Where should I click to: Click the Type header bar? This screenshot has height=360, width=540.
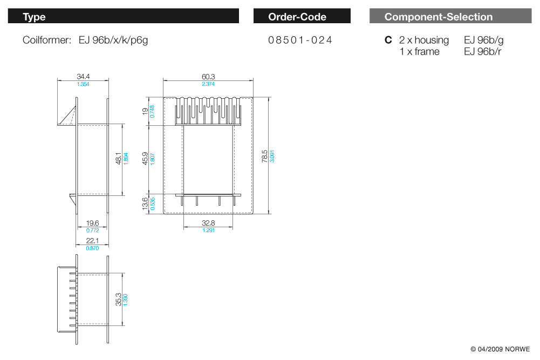(x=123, y=17)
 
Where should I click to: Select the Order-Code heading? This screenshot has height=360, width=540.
(x=302, y=17)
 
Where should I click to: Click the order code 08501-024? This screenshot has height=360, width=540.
(x=300, y=40)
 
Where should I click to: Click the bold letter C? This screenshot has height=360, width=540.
(x=388, y=40)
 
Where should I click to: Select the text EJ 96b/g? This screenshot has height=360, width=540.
(x=483, y=40)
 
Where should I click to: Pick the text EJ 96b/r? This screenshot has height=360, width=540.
(x=482, y=52)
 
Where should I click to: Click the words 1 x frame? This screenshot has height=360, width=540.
(x=420, y=52)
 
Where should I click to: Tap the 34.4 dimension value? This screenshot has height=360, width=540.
(x=83, y=77)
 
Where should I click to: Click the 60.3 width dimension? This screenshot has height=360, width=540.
(x=208, y=77)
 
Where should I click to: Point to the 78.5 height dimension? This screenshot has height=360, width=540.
(x=265, y=156)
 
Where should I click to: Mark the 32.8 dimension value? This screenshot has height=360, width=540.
(x=208, y=223)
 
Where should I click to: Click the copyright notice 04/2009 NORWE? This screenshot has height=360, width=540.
(x=500, y=349)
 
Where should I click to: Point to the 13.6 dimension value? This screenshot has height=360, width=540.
(x=145, y=205)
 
